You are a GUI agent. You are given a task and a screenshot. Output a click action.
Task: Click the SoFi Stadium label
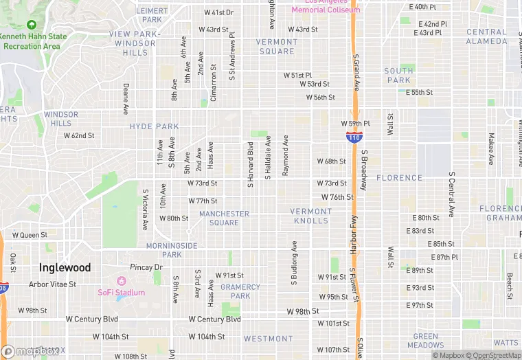[x=121, y=293]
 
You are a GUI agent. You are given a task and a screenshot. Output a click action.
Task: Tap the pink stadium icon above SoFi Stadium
[x=122, y=282]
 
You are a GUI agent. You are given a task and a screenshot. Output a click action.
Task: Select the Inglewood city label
[x=65, y=267]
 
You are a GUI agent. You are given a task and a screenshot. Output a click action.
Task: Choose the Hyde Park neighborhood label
[x=154, y=126]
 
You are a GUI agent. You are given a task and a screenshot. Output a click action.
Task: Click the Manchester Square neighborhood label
[x=224, y=218]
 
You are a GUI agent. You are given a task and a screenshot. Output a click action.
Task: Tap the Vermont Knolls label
[x=310, y=216]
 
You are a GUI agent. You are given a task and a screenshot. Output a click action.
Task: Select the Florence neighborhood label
[x=399, y=178]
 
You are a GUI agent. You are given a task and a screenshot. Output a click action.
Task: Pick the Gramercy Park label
[x=240, y=291]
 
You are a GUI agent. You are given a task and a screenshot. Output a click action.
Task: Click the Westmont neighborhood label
[x=268, y=339]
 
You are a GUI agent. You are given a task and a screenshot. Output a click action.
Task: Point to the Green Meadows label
[x=425, y=341]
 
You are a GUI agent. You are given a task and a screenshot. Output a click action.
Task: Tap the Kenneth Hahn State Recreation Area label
[x=32, y=41]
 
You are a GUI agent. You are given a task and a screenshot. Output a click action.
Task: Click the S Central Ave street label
[x=452, y=194]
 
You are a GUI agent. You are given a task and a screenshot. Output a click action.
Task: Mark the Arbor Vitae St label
[x=52, y=284]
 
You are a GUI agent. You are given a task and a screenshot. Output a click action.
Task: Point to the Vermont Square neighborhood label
[x=276, y=46]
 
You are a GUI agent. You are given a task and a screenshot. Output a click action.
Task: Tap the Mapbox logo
[x=32, y=351]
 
